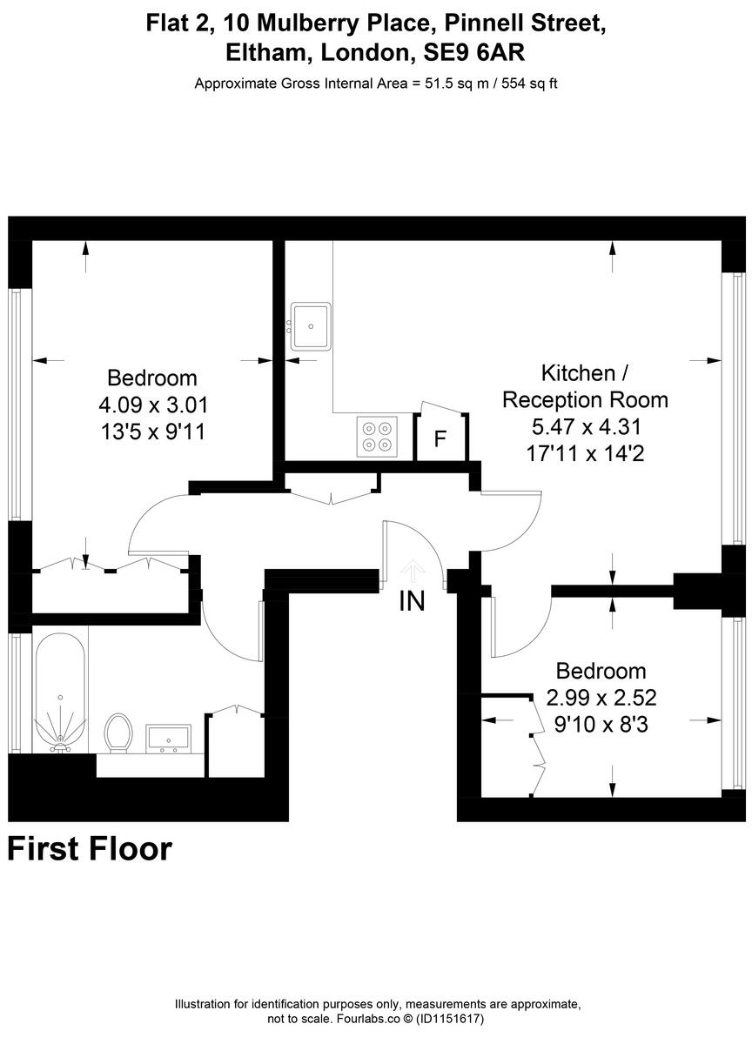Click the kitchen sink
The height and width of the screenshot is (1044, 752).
pos(311,325)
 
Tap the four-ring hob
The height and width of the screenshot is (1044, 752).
pos(376,435)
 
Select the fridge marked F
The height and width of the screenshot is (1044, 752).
pos(440,438)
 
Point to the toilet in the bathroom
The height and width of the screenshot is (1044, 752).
pos(117,732)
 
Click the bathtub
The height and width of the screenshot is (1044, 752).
pos(60,692)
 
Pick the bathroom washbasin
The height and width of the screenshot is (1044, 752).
pos(169,738)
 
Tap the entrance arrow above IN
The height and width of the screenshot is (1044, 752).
pos(412,572)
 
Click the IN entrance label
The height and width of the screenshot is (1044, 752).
pos(412,600)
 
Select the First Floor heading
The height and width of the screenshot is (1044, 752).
pos(90,848)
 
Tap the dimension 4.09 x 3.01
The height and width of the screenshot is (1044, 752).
pos(152,405)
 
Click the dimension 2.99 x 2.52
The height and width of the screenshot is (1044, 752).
pos(601,697)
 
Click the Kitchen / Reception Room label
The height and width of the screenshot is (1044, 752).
pos(586,386)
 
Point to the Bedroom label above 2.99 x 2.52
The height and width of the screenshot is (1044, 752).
pos(601,671)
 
